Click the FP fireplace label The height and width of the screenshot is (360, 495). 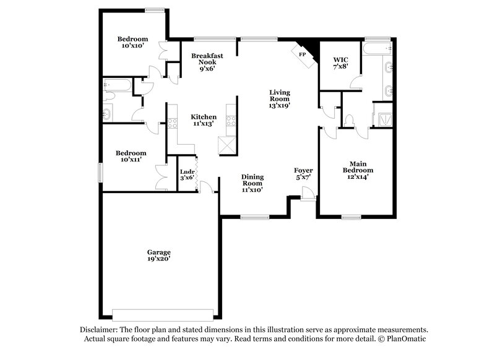pyautogui.click(x=303, y=55)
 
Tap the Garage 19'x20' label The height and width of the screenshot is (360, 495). pyautogui.click(x=159, y=255)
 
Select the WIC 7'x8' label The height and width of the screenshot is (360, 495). pyautogui.click(x=341, y=64)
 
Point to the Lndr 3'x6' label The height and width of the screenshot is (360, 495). pyautogui.click(x=187, y=174)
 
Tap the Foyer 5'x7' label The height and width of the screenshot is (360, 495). pyautogui.click(x=303, y=174)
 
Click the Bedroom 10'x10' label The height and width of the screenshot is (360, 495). pyautogui.click(x=133, y=42)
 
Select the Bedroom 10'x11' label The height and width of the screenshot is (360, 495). pyautogui.click(x=131, y=156)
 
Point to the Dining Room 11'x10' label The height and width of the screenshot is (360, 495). pyautogui.click(x=252, y=183)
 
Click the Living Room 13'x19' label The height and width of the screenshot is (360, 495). pyautogui.click(x=279, y=99)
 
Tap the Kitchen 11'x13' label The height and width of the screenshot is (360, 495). pyautogui.click(x=203, y=120)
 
